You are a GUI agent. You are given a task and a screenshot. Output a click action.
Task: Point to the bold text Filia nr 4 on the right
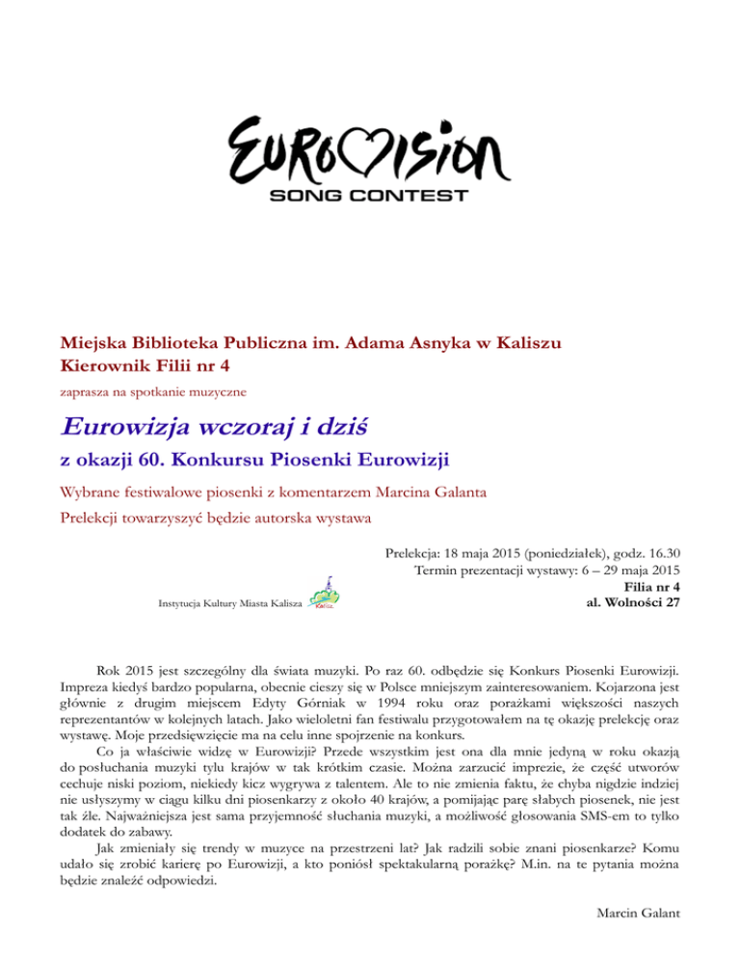654,587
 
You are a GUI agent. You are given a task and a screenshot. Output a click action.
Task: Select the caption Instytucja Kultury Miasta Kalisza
227,604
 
